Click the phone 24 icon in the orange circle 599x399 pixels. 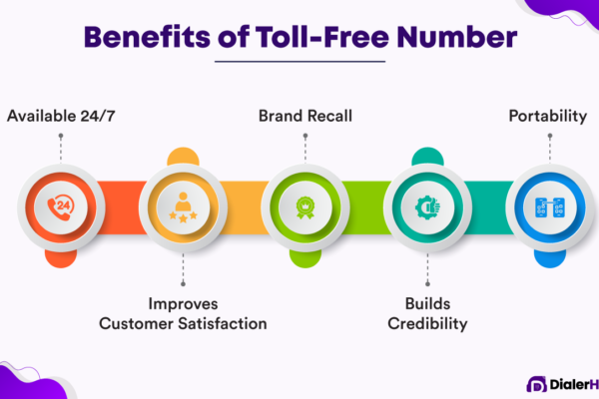point(60,207)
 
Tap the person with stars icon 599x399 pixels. point(183,207)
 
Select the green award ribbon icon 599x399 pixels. point(305,207)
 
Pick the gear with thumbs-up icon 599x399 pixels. point(427,207)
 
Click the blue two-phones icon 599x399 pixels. point(550,207)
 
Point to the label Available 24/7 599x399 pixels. point(61,116)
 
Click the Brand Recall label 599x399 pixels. point(305,116)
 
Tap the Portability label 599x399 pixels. point(548,117)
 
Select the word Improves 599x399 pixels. point(183,304)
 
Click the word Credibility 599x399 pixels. point(427,324)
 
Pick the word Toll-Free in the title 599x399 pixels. point(322,37)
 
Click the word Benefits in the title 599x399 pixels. point(147,37)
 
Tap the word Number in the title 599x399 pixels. point(457,37)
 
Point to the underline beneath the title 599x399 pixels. point(299,61)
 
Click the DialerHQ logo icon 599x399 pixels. point(536,384)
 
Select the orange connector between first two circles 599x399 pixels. point(122,207)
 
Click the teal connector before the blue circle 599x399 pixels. point(489,207)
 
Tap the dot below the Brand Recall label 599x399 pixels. point(305,136)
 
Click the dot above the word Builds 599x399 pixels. point(427,283)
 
